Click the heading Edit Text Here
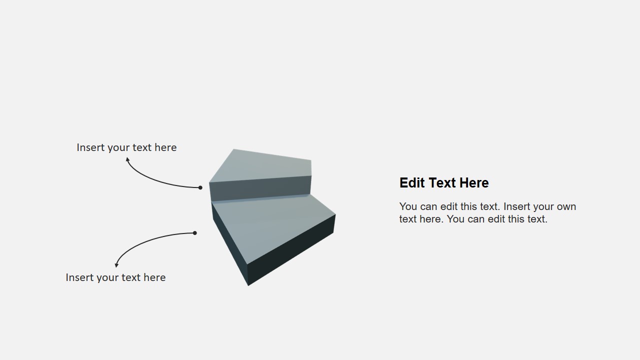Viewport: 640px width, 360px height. (x=444, y=183)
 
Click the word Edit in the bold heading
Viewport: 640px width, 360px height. (x=412, y=183)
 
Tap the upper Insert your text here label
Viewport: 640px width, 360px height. (x=126, y=147)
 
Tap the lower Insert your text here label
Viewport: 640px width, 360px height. (x=115, y=277)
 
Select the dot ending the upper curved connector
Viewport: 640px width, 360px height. (x=200, y=187)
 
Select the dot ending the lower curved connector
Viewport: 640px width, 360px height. (x=195, y=233)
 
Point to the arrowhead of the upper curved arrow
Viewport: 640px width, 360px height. (x=127, y=159)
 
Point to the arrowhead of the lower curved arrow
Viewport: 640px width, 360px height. (x=116, y=265)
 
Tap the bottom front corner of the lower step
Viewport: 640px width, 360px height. (x=248, y=285)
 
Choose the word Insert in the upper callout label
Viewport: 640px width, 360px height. (x=90, y=147)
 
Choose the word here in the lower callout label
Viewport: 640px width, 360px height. (x=154, y=277)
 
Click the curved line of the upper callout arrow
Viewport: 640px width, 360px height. (x=155, y=181)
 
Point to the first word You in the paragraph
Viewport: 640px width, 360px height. (x=408, y=206)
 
